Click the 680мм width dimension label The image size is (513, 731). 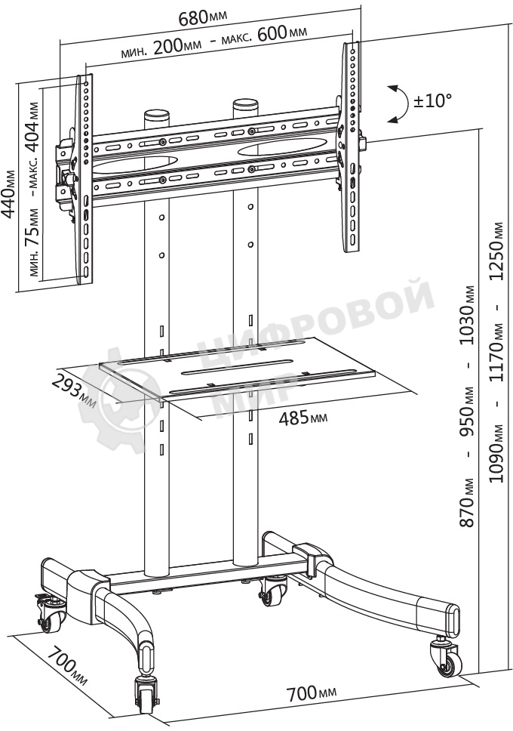(x=203, y=17)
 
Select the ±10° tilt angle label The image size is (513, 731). (x=433, y=100)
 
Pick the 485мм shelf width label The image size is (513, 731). (x=303, y=418)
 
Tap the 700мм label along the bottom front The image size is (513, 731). (x=312, y=693)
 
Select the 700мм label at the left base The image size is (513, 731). (x=68, y=665)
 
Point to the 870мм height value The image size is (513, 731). (x=467, y=503)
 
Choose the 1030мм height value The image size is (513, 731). (x=467, y=315)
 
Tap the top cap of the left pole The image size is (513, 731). (x=156, y=114)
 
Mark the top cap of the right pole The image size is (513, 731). (x=245, y=103)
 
